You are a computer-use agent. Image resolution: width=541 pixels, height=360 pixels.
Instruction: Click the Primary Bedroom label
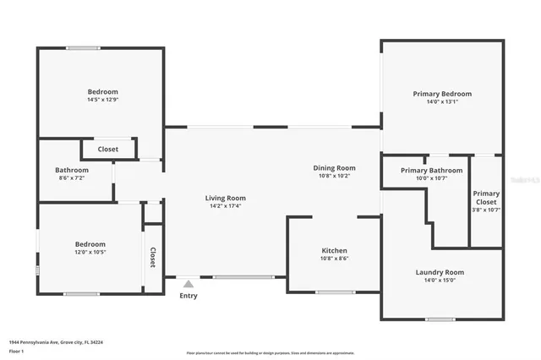pos(442,94)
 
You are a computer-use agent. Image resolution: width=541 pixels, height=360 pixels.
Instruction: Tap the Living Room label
pos(226,198)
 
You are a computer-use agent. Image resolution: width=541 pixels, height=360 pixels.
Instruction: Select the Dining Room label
pos(334,167)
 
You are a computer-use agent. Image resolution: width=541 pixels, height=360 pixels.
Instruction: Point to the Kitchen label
pos(334,251)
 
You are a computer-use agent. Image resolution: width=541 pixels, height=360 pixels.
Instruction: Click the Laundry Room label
pos(440,272)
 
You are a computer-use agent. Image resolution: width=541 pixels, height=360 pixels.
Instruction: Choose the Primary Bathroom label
pos(431,171)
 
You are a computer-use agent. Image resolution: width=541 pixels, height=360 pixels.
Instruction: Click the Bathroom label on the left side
pos(73,170)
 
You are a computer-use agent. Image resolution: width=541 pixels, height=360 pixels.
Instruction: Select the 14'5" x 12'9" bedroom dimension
pos(102,100)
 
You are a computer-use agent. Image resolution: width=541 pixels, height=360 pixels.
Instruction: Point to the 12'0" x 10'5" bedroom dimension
pos(90,252)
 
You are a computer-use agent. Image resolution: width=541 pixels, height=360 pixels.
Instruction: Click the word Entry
pos(188,296)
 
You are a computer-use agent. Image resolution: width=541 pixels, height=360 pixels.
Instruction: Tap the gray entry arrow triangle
pos(188,284)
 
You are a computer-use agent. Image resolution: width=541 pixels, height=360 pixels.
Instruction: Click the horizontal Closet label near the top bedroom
pos(108,150)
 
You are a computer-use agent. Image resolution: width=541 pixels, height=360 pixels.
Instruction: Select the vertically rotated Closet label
pos(153,257)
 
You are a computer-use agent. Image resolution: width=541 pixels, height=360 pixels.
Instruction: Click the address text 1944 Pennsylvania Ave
pos(38,342)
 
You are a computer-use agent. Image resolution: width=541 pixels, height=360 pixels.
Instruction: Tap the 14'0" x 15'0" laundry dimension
pos(440,281)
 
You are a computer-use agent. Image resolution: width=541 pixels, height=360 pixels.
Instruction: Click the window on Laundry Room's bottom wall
pos(440,319)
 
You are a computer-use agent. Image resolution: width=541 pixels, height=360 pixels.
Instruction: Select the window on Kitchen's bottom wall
pos(335,292)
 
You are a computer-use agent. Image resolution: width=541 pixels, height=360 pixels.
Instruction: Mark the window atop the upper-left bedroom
pos(84,48)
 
